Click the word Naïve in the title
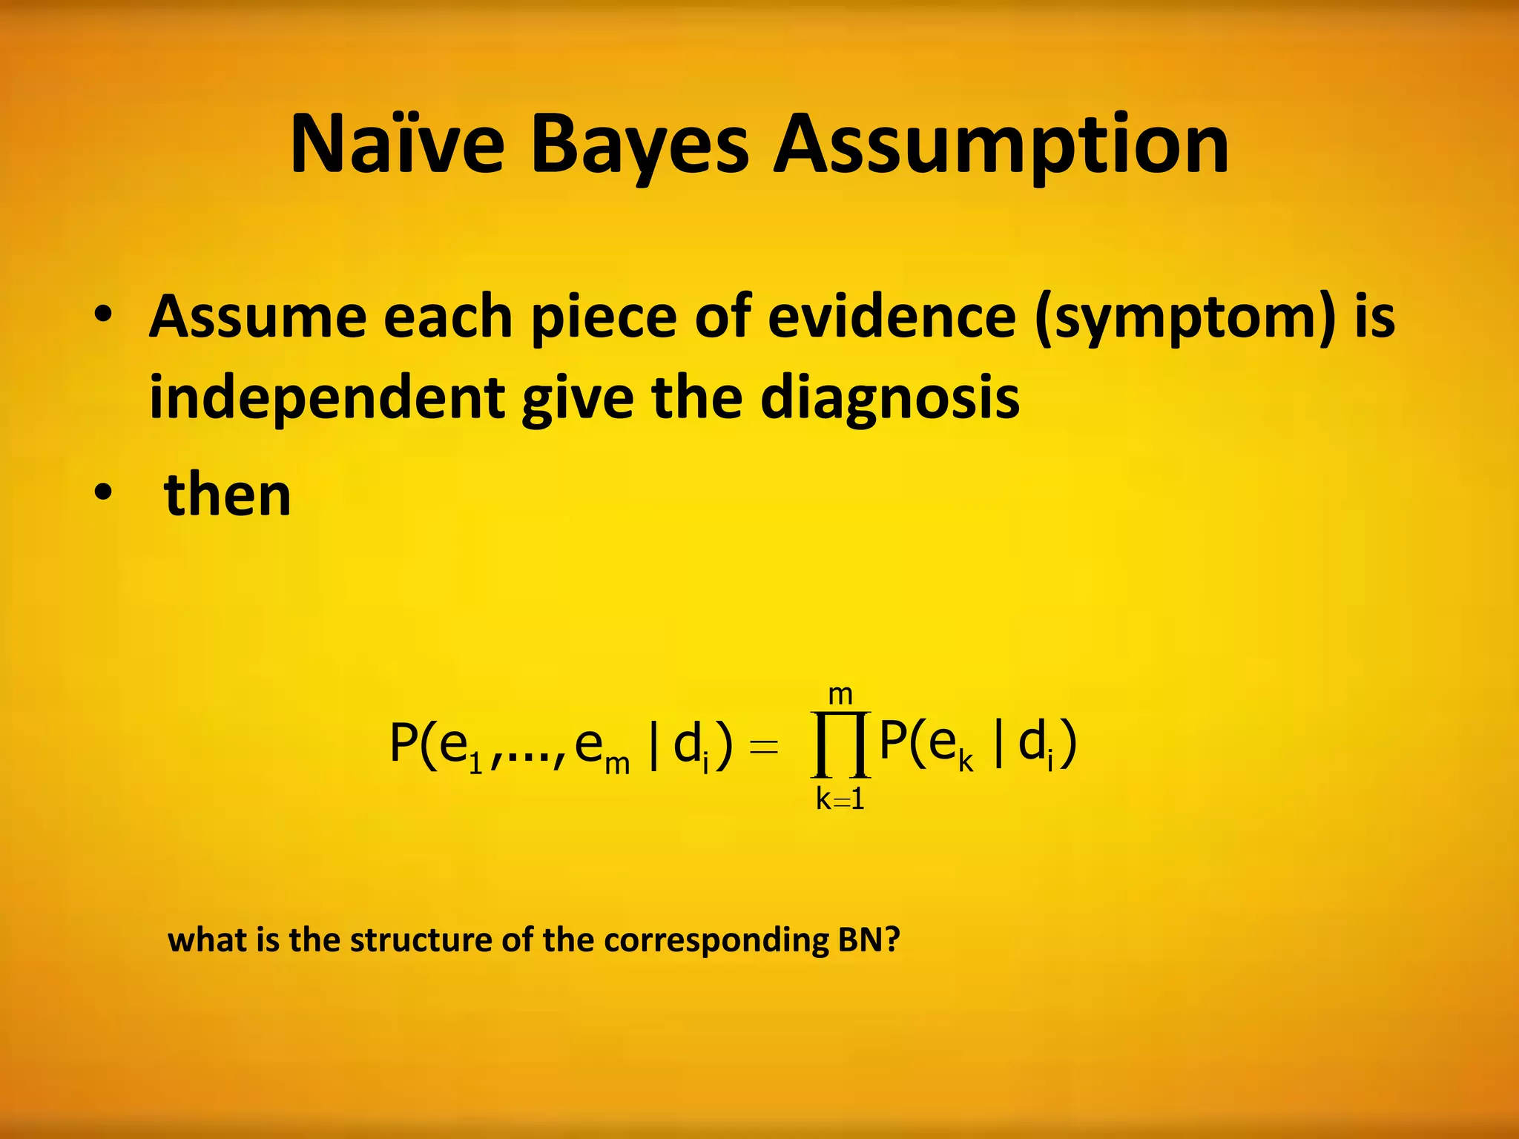point(398,145)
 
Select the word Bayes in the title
point(640,146)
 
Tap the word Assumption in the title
point(1001,146)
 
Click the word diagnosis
point(890,399)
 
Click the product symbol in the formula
point(840,744)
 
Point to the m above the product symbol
point(840,696)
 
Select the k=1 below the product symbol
point(840,799)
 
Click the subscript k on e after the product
point(965,762)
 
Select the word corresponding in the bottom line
point(716,940)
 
